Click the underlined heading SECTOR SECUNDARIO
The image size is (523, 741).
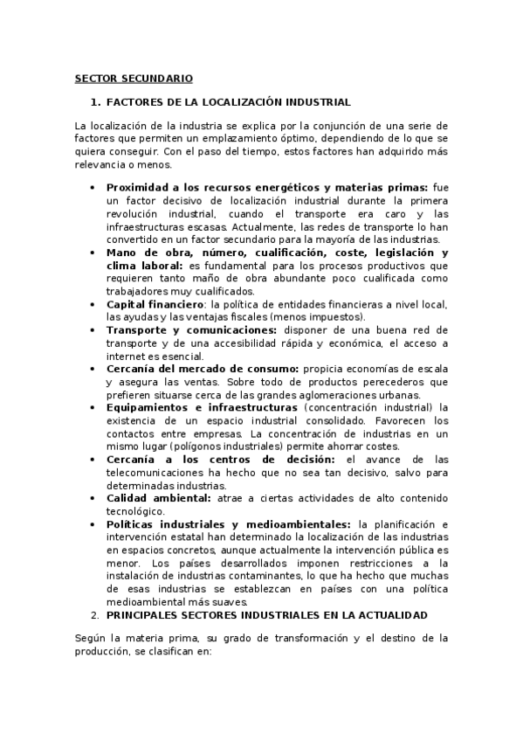tap(134, 78)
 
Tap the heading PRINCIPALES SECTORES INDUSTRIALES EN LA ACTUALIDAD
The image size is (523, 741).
tap(272, 614)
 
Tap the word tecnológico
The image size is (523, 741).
tap(134, 510)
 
